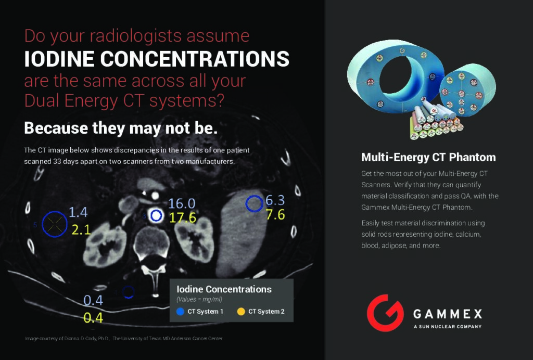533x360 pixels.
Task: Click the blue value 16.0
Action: click(182, 203)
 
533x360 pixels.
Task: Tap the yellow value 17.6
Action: click(183, 217)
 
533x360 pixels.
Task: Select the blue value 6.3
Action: click(275, 200)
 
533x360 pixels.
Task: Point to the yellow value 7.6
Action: click(275, 215)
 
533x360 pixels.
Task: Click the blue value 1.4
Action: click(78, 212)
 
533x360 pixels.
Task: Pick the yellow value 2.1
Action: click(81, 230)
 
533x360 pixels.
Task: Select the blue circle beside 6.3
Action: click(246, 204)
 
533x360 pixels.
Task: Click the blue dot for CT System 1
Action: click(180, 312)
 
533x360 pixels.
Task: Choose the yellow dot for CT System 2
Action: click(241, 312)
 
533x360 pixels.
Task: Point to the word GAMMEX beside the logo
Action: click(448, 314)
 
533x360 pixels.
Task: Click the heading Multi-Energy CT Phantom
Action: click(428, 157)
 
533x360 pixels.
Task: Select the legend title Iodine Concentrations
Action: click(224, 289)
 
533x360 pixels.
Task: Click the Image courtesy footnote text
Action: click(124, 339)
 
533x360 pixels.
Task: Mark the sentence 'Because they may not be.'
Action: click(121, 128)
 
